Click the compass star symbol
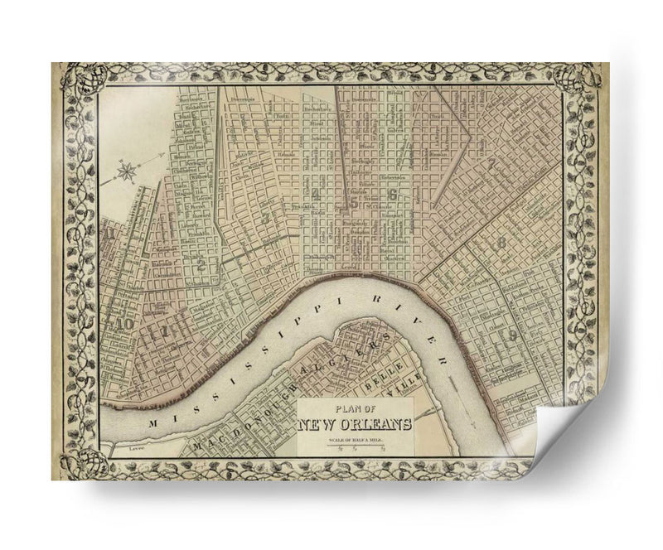click(128, 172)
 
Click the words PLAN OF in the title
click(356, 408)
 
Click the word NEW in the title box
click(317, 425)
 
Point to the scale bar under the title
click(356, 447)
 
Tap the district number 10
click(126, 324)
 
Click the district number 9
click(513, 335)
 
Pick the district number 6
click(392, 196)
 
